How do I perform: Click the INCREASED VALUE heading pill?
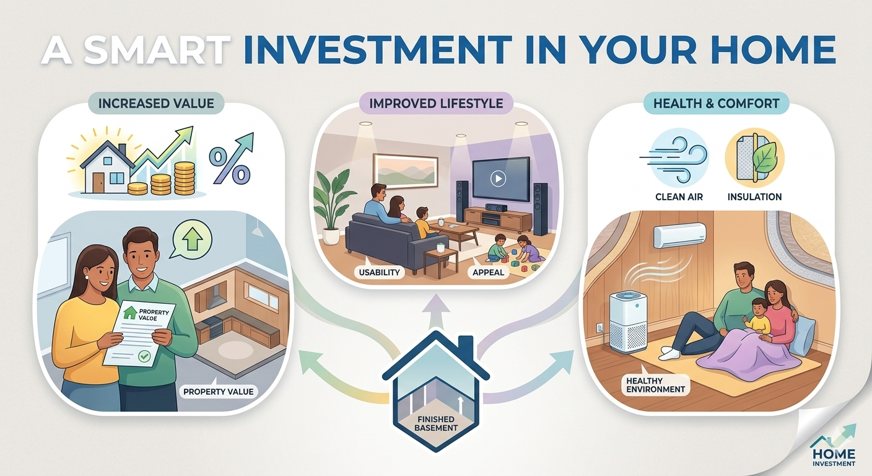point(156,104)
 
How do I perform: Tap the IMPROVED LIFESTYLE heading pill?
point(436,104)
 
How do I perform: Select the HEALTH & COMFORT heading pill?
point(717,104)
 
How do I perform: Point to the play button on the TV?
point(498,178)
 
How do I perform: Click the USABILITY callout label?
point(379,272)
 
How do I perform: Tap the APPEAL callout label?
point(488,272)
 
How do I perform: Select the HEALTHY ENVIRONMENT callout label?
point(656,385)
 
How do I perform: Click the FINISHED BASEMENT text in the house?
point(436,423)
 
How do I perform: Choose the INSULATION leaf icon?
point(754,159)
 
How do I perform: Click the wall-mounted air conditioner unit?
point(679,236)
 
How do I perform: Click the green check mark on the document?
point(144,356)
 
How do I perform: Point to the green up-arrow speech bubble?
point(191,239)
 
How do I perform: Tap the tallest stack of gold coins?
point(184,178)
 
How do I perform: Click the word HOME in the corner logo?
point(834,454)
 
